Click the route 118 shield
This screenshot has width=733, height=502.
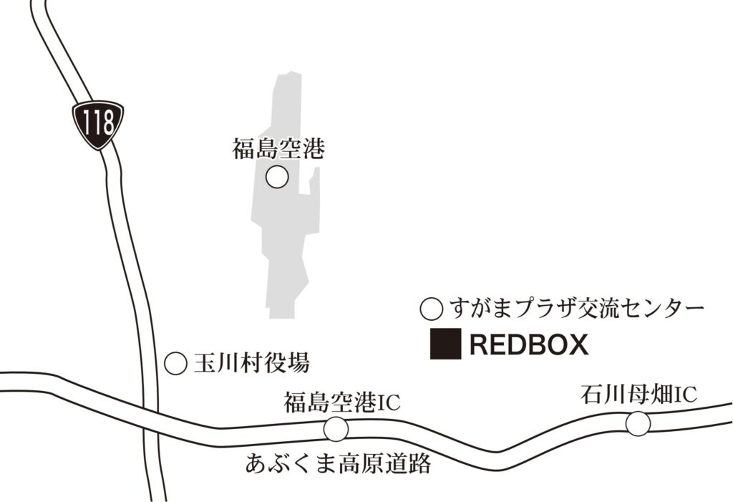(x=98, y=124)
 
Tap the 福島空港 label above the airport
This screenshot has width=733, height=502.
(x=278, y=149)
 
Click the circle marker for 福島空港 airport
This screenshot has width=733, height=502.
(x=277, y=177)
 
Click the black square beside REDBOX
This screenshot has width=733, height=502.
(x=445, y=344)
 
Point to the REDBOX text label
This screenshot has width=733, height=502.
(x=529, y=346)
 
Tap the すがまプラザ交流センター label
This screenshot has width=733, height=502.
(x=576, y=309)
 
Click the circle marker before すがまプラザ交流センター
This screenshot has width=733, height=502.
(x=431, y=310)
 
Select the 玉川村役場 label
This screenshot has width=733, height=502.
(x=251, y=364)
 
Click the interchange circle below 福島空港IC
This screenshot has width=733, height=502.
(x=336, y=429)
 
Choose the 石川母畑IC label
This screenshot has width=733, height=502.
(x=639, y=395)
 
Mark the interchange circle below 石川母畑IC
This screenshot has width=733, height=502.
(x=638, y=424)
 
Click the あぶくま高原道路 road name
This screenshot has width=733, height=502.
(x=338, y=464)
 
